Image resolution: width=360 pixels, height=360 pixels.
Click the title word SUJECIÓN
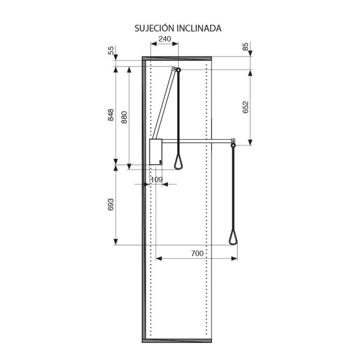point(155,28)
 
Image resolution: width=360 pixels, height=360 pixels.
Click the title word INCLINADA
point(199,28)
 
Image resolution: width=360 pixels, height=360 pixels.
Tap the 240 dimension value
point(165,39)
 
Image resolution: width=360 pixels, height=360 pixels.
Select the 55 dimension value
point(111,50)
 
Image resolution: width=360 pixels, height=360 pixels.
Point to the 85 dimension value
point(245,47)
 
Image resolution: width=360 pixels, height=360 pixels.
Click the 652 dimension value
point(245,107)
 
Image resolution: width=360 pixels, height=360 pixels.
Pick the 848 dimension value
point(111,115)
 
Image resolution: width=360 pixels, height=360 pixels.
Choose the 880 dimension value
point(124,117)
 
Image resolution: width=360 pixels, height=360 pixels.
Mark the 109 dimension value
point(157,179)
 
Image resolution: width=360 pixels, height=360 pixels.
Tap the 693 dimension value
point(111,204)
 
